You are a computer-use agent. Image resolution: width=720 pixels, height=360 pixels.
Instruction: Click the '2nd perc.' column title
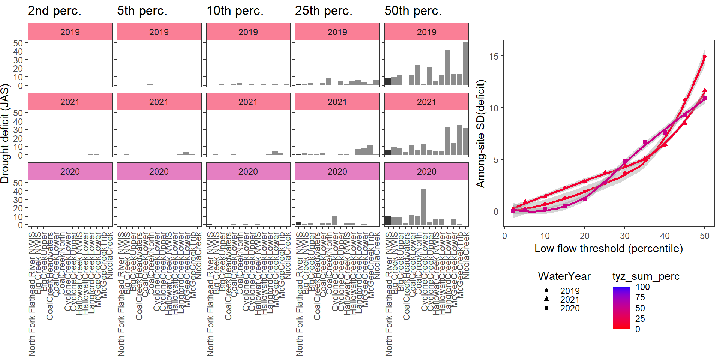click(54, 11)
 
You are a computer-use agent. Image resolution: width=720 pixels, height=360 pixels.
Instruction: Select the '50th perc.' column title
click(413, 11)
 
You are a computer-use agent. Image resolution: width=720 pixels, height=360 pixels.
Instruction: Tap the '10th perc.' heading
click(235, 11)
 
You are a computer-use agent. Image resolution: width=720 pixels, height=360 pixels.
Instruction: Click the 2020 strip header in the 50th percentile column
click(426, 171)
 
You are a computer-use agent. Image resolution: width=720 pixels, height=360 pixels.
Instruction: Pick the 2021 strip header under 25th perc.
click(337, 102)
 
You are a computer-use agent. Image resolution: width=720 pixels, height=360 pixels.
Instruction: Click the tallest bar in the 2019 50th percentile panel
click(465, 64)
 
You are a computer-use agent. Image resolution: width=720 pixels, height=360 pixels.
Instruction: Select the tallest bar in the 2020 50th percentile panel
click(424, 207)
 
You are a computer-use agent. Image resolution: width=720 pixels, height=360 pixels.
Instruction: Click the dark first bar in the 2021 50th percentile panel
click(388, 152)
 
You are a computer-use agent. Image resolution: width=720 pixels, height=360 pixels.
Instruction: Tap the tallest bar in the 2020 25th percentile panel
click(334, 220)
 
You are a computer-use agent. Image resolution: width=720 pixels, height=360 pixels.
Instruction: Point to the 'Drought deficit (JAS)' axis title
click(5, 133)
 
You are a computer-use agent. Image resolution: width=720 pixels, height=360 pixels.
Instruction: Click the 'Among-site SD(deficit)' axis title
click(480, 133)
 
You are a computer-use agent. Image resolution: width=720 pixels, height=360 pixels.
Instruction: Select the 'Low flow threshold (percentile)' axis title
click(608, 248)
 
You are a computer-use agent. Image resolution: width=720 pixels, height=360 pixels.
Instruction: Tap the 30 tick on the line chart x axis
click(625, 236)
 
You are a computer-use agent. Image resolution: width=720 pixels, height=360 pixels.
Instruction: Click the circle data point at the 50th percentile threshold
click(705, 57)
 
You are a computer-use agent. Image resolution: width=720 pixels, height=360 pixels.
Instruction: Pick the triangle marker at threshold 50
click(705, 90)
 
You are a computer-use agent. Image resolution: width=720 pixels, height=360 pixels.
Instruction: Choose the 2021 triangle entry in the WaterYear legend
click(546, 299)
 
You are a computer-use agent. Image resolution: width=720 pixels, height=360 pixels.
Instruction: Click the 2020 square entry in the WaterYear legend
click(546, 308)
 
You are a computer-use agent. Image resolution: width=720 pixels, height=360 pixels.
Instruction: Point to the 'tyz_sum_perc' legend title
click(646, 276)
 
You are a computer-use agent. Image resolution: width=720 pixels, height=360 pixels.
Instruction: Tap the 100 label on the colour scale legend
click(642, 287)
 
